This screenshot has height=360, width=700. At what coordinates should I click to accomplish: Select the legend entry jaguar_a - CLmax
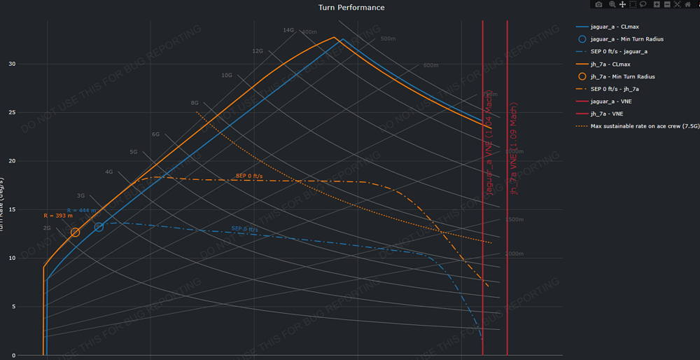pos(615,27)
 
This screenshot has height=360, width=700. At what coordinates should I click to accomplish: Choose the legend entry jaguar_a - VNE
pos(610,102)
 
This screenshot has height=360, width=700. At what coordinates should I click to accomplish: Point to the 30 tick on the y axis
pos(11,64)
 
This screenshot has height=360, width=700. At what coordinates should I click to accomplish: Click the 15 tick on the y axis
pos(11,209)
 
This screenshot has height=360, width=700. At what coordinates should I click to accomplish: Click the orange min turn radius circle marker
pos(75,233)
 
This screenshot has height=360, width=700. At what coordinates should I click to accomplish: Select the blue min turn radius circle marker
pos(99,227)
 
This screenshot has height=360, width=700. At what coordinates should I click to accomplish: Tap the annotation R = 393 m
pos(58,216)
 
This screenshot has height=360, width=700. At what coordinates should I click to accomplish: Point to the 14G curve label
pos(288,30)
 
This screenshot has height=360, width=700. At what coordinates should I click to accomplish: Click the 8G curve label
pos(195,103)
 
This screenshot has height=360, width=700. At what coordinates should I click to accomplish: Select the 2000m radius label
pos(514,254)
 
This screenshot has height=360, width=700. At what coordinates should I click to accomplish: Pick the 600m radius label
pos(430,65)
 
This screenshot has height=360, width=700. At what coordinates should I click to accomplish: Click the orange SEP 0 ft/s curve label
pos(248,175)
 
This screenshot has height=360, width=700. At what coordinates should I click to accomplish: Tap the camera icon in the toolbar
pos(598,4)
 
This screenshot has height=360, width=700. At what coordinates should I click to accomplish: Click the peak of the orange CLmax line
pos(335,37)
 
